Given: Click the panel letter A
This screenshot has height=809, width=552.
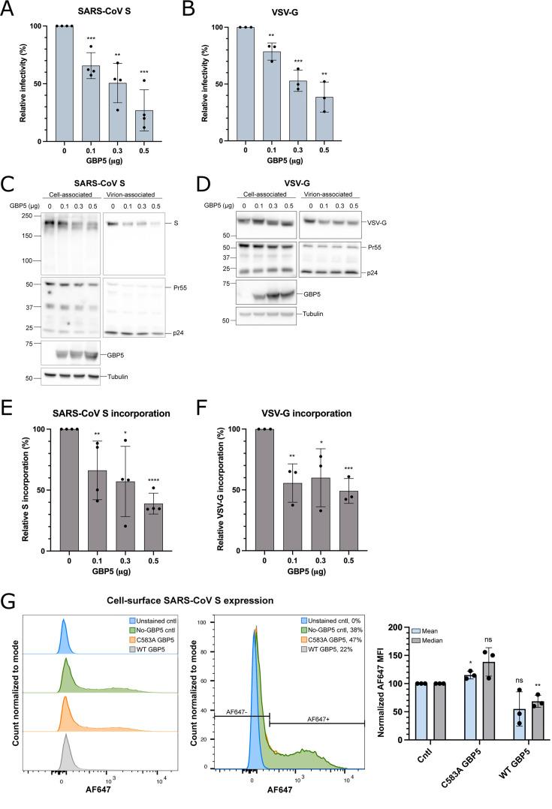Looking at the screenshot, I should coord(8,8).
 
